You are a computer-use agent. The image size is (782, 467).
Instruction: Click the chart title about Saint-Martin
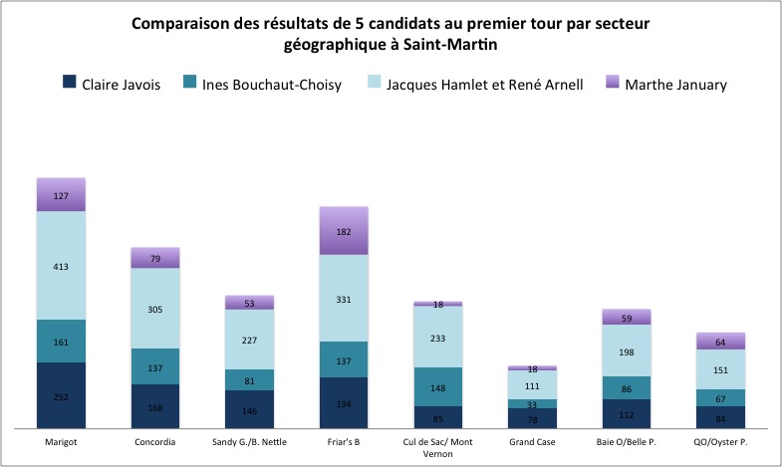click(x=391, y=34)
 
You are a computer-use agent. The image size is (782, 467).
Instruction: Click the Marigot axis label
click(x=61, y=440)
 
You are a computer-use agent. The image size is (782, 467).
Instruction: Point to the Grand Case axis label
click(x=532, y=440)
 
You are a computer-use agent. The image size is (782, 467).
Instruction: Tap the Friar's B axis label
click(x=344, y=440)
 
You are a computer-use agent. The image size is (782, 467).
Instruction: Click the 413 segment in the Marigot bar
click(x=62, y=266)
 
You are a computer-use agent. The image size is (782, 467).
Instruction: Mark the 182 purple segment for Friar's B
click(x=344, y=231)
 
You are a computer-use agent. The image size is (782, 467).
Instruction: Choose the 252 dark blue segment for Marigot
click(x=62, y=395)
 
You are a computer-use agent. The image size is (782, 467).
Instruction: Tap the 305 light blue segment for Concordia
click(x=155, y=309)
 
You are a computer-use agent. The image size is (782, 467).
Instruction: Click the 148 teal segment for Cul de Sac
click(x=438, y=386)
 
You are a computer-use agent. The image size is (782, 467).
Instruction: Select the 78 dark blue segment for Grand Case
click(x=532, y=418)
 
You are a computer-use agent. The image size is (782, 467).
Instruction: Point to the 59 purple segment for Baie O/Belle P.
click(x=627, y=318)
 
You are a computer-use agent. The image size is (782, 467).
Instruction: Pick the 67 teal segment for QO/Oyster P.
click(x=720, y=397)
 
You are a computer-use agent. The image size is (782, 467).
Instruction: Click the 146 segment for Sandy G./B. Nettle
click(x=250, y=409)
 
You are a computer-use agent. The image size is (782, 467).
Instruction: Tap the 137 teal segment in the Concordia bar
click(x=155, y=366)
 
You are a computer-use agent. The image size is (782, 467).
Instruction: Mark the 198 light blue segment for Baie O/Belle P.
click(x=627, y=351)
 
